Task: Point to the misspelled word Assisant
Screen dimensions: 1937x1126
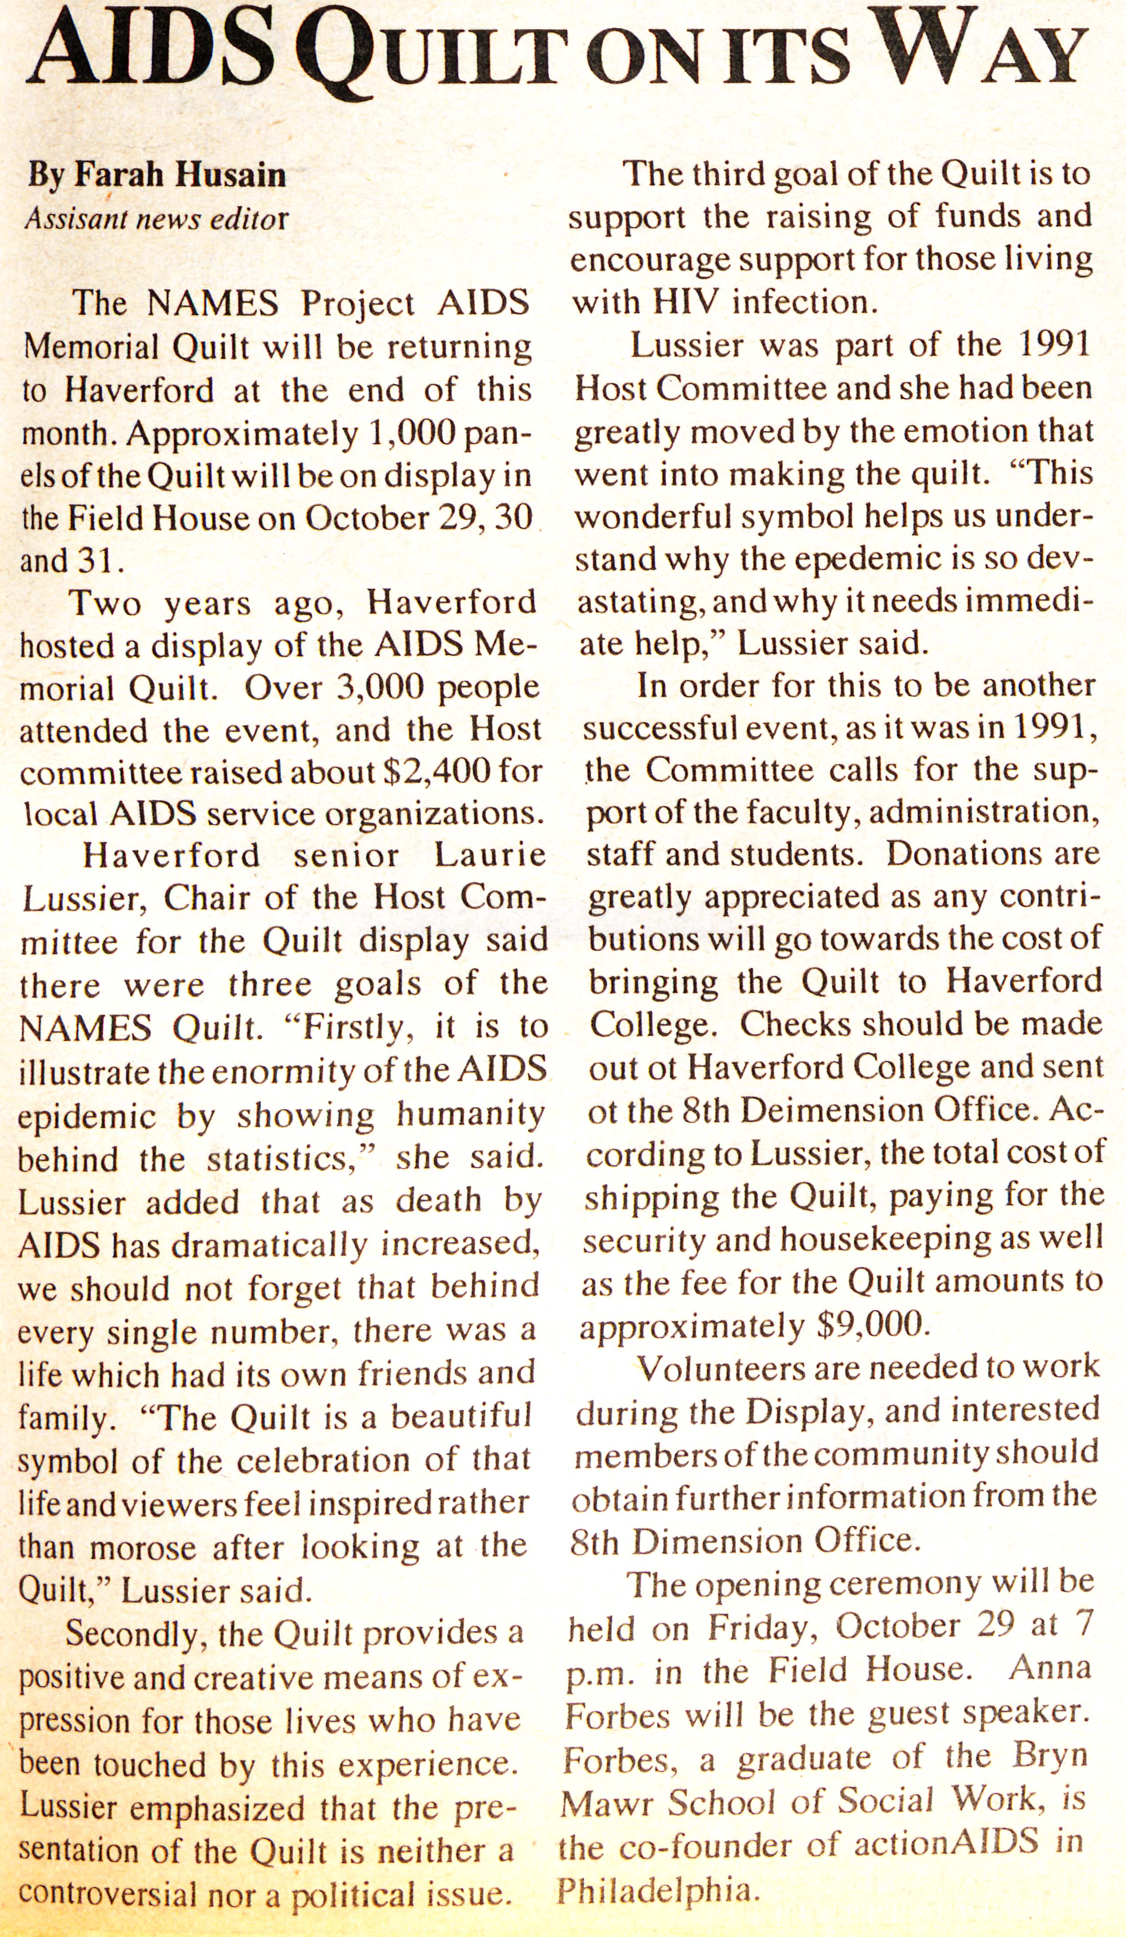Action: (73, 219)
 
